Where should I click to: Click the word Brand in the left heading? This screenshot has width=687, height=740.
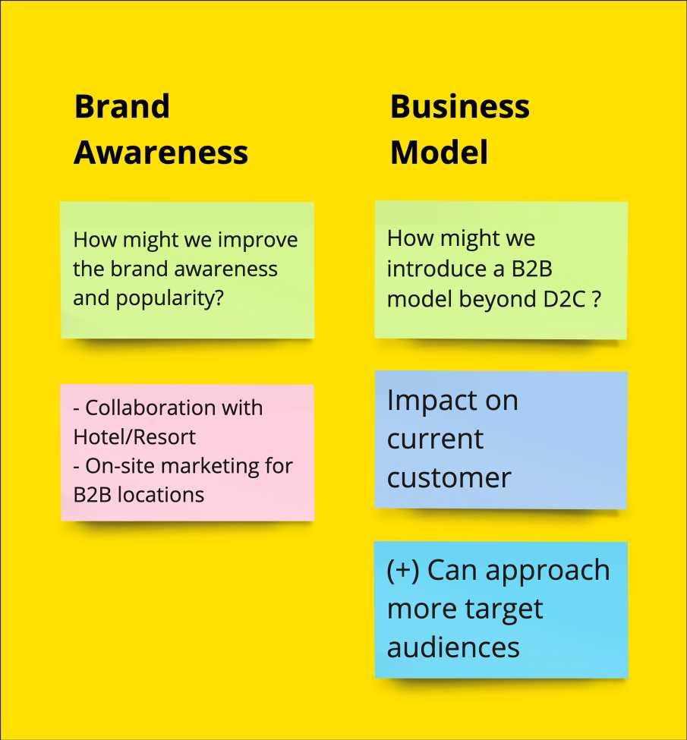tap(121, 106)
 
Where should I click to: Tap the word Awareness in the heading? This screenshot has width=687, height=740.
tap(161, 153)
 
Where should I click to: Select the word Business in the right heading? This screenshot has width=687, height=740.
tap(459, 106)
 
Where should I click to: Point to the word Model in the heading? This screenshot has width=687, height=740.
tap(439, 153)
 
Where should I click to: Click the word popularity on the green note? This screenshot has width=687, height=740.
tap(170, 298)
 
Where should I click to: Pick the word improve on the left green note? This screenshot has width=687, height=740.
tap(258, 241)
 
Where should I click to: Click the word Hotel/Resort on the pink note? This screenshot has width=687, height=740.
tap(134, 437)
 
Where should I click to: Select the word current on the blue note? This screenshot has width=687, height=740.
tap(435, 439)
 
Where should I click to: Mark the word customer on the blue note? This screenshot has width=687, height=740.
tap(449, 478)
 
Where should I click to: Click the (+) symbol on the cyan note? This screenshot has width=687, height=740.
tap(402, 571)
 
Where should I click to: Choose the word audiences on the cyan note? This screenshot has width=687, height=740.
tap(453, 647)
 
